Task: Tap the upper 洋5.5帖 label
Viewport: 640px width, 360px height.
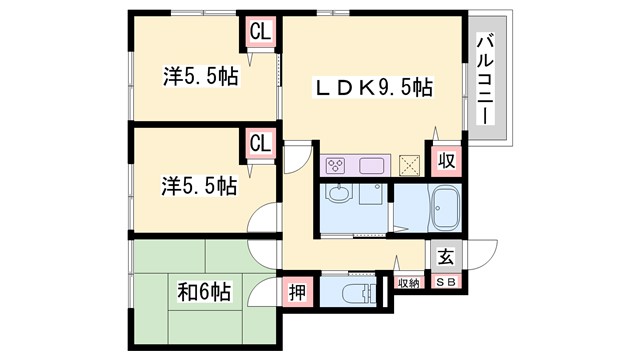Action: (201, 76)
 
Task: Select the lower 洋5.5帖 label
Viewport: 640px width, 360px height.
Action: (201, 186)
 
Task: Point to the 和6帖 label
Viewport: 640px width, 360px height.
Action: (205, 293)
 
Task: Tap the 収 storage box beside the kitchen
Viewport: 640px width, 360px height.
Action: (445, 160)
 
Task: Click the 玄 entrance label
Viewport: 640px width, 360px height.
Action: (445, 256)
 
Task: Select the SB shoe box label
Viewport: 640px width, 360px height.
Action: (445, 284)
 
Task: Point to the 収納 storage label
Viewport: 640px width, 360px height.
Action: (408, 284)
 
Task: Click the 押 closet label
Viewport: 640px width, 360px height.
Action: (297, 293)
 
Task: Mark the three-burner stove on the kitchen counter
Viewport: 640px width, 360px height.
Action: (336, 165)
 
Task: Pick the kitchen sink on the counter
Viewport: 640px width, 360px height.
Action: (369, 165)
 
